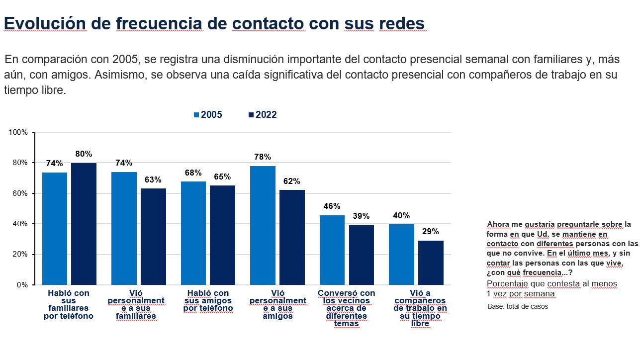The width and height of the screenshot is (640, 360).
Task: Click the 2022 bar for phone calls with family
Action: [84, 224]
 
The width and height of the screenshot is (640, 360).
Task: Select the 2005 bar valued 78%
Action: [263, 225]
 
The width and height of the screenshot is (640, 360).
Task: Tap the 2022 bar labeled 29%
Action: [431, 263]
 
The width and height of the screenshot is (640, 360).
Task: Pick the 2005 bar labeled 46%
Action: [332, 250]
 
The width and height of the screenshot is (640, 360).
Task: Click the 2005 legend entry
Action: [208, 115]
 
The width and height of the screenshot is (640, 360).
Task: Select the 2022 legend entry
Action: [262, 115]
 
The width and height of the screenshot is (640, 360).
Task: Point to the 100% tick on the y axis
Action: [18, 132]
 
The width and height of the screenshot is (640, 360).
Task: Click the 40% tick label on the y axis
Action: [20, 224]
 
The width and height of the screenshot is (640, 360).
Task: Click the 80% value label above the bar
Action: [84, 154]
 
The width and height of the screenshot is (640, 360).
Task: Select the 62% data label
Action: [292, 181]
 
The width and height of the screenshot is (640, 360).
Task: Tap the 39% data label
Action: [362, 216]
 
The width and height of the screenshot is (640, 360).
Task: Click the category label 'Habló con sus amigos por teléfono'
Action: [208, 301]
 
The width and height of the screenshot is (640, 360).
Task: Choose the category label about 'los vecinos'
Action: [347, 308]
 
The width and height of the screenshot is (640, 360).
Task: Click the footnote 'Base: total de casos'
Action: [517, 306]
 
